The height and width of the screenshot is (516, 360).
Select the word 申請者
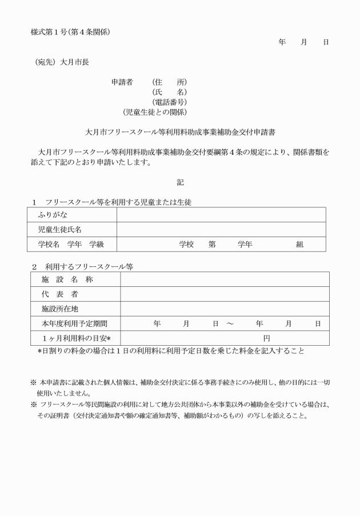(x=122, y=82)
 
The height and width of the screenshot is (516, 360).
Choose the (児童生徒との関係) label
(x=155, y=112)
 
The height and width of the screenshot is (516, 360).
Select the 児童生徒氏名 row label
(x=60, y=230)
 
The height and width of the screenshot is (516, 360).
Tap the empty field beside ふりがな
(x=221, y=215)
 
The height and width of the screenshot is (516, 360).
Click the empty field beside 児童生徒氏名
(x=221, y=230)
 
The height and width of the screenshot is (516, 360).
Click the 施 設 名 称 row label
(x=67, y=279)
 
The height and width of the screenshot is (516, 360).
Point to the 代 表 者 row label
(x=59, y=294)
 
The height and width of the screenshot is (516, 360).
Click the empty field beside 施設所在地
(x=224, y=309)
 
